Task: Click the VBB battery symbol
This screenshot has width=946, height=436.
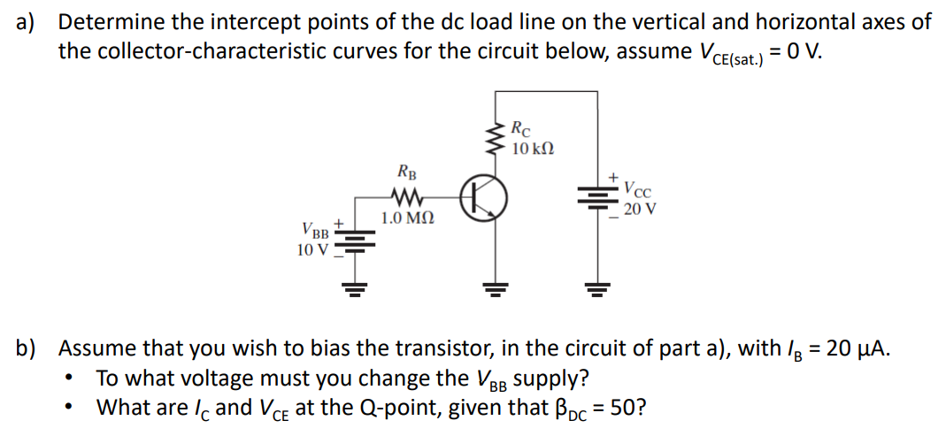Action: (354, 241)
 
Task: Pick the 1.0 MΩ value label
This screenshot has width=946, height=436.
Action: (407, 218)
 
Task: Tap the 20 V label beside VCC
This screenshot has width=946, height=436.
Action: (640, 210)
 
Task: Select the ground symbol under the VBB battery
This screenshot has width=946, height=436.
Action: (354, 288)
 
